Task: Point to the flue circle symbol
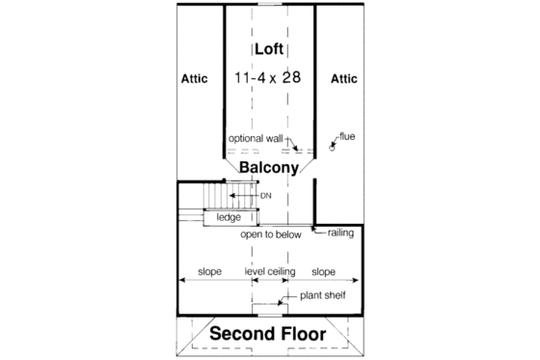[x=334, y=148]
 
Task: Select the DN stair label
[x=266, y=197]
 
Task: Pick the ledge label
[x=229, y=218]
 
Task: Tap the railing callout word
[x=345, y=234]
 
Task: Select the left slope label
[x=211, y=272]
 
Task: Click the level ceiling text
[x=271, y=272]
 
